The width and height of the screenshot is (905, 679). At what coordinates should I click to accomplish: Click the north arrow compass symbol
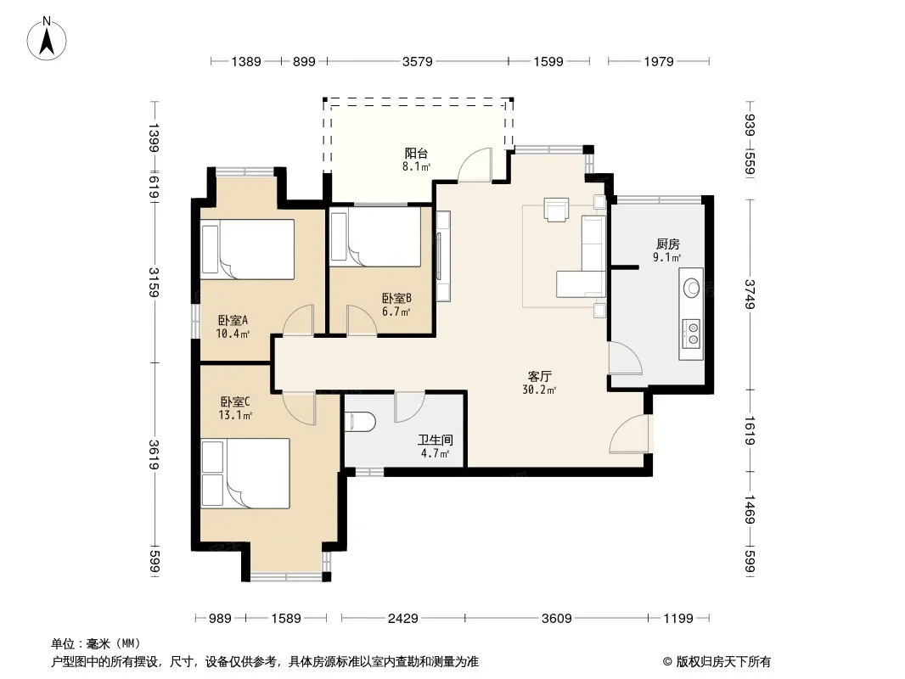click(47, 39)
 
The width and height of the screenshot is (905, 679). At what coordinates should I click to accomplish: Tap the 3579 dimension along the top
click(418, 61)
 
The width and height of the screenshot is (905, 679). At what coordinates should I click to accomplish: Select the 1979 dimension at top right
click(659, 61)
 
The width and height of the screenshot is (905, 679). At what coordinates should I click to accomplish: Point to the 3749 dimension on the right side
click(750, 295)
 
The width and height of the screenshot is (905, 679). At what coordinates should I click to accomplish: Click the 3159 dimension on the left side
click(154, 282)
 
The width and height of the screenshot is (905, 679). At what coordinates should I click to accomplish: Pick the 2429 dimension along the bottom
click(403, 619)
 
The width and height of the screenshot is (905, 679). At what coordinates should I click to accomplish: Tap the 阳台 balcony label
click(416, 154)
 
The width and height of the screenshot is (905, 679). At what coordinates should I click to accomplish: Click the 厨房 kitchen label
click(668, 244)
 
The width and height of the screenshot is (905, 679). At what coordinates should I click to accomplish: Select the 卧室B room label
click(396, 298)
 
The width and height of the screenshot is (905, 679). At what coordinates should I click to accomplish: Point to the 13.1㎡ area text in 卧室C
click(235, 415)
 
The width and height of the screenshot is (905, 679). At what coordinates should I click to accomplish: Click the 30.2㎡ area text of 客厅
click(539, 390)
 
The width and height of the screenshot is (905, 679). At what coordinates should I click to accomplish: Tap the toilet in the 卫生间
click(360, 422)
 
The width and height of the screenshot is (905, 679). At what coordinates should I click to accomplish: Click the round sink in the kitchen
click(691, 287)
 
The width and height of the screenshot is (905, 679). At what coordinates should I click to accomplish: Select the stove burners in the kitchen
click(691, 334)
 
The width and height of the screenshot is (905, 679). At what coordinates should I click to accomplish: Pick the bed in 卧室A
click(248, 250)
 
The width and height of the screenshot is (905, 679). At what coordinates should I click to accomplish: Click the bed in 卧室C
click(245, 474)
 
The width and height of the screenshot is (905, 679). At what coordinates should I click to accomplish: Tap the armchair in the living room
click(556, 210)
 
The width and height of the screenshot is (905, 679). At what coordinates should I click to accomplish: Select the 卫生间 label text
click(436, 441)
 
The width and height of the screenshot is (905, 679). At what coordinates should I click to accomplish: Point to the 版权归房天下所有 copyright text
click(723, 662)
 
